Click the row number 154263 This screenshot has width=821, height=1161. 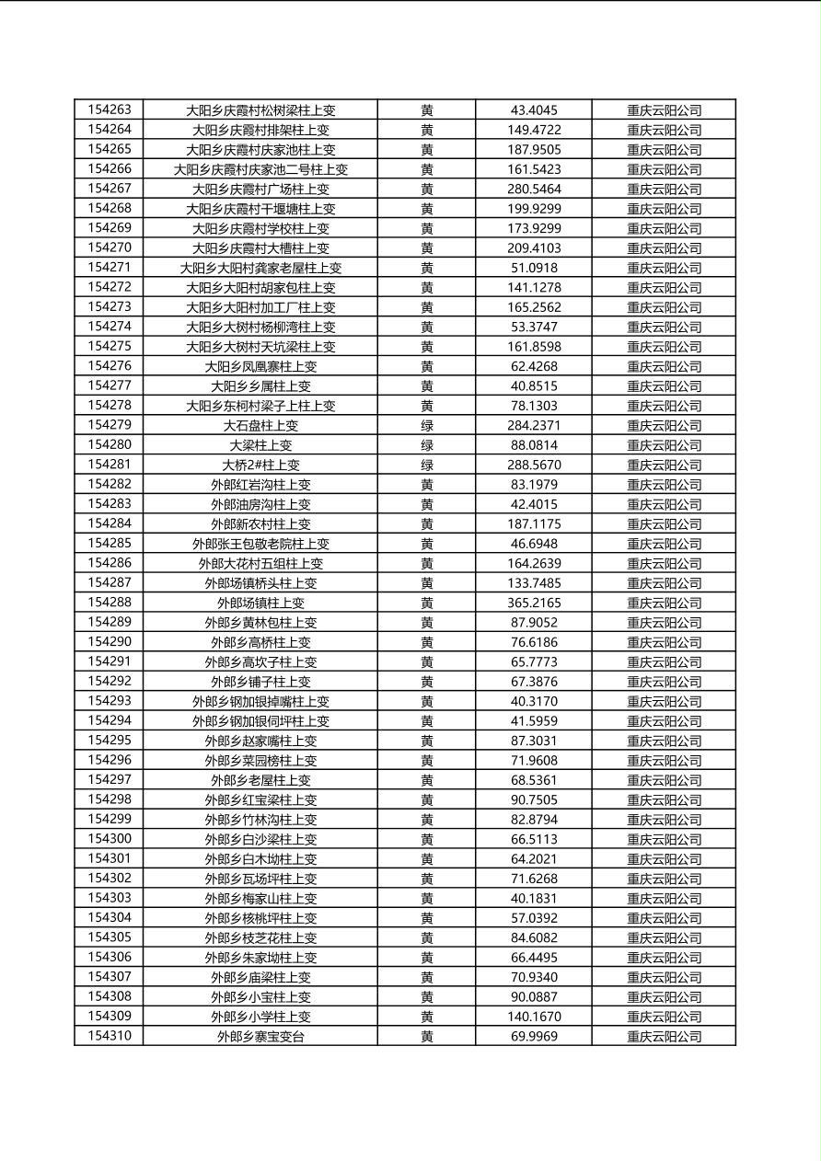click(110, 110)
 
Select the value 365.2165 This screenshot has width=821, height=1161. click(534, 603)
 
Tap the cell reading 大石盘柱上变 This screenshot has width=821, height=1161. click(260, 426)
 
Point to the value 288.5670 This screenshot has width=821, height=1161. click(534, 466)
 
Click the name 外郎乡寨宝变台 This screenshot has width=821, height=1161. click(260, 1037)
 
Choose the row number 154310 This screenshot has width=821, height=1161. click(110, 1037)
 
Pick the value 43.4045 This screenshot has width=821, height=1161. click(534, 110)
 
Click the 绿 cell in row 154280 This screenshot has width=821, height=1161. click(427, 445)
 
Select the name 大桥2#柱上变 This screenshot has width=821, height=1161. click(260, 466)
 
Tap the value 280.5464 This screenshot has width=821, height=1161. click(534, 190)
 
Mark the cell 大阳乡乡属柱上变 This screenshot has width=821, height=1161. click(260, 386)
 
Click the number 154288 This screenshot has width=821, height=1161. click(110, 603)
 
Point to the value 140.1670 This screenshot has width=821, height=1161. click(534, 1017)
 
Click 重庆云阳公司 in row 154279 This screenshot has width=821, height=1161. click(664, 426)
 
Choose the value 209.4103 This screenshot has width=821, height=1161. click(534, 248)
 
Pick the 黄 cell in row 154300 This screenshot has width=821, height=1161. click(427, 840)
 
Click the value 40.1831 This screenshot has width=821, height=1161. click(534, 899)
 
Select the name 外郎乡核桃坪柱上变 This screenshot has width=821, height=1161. click(260, 918)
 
